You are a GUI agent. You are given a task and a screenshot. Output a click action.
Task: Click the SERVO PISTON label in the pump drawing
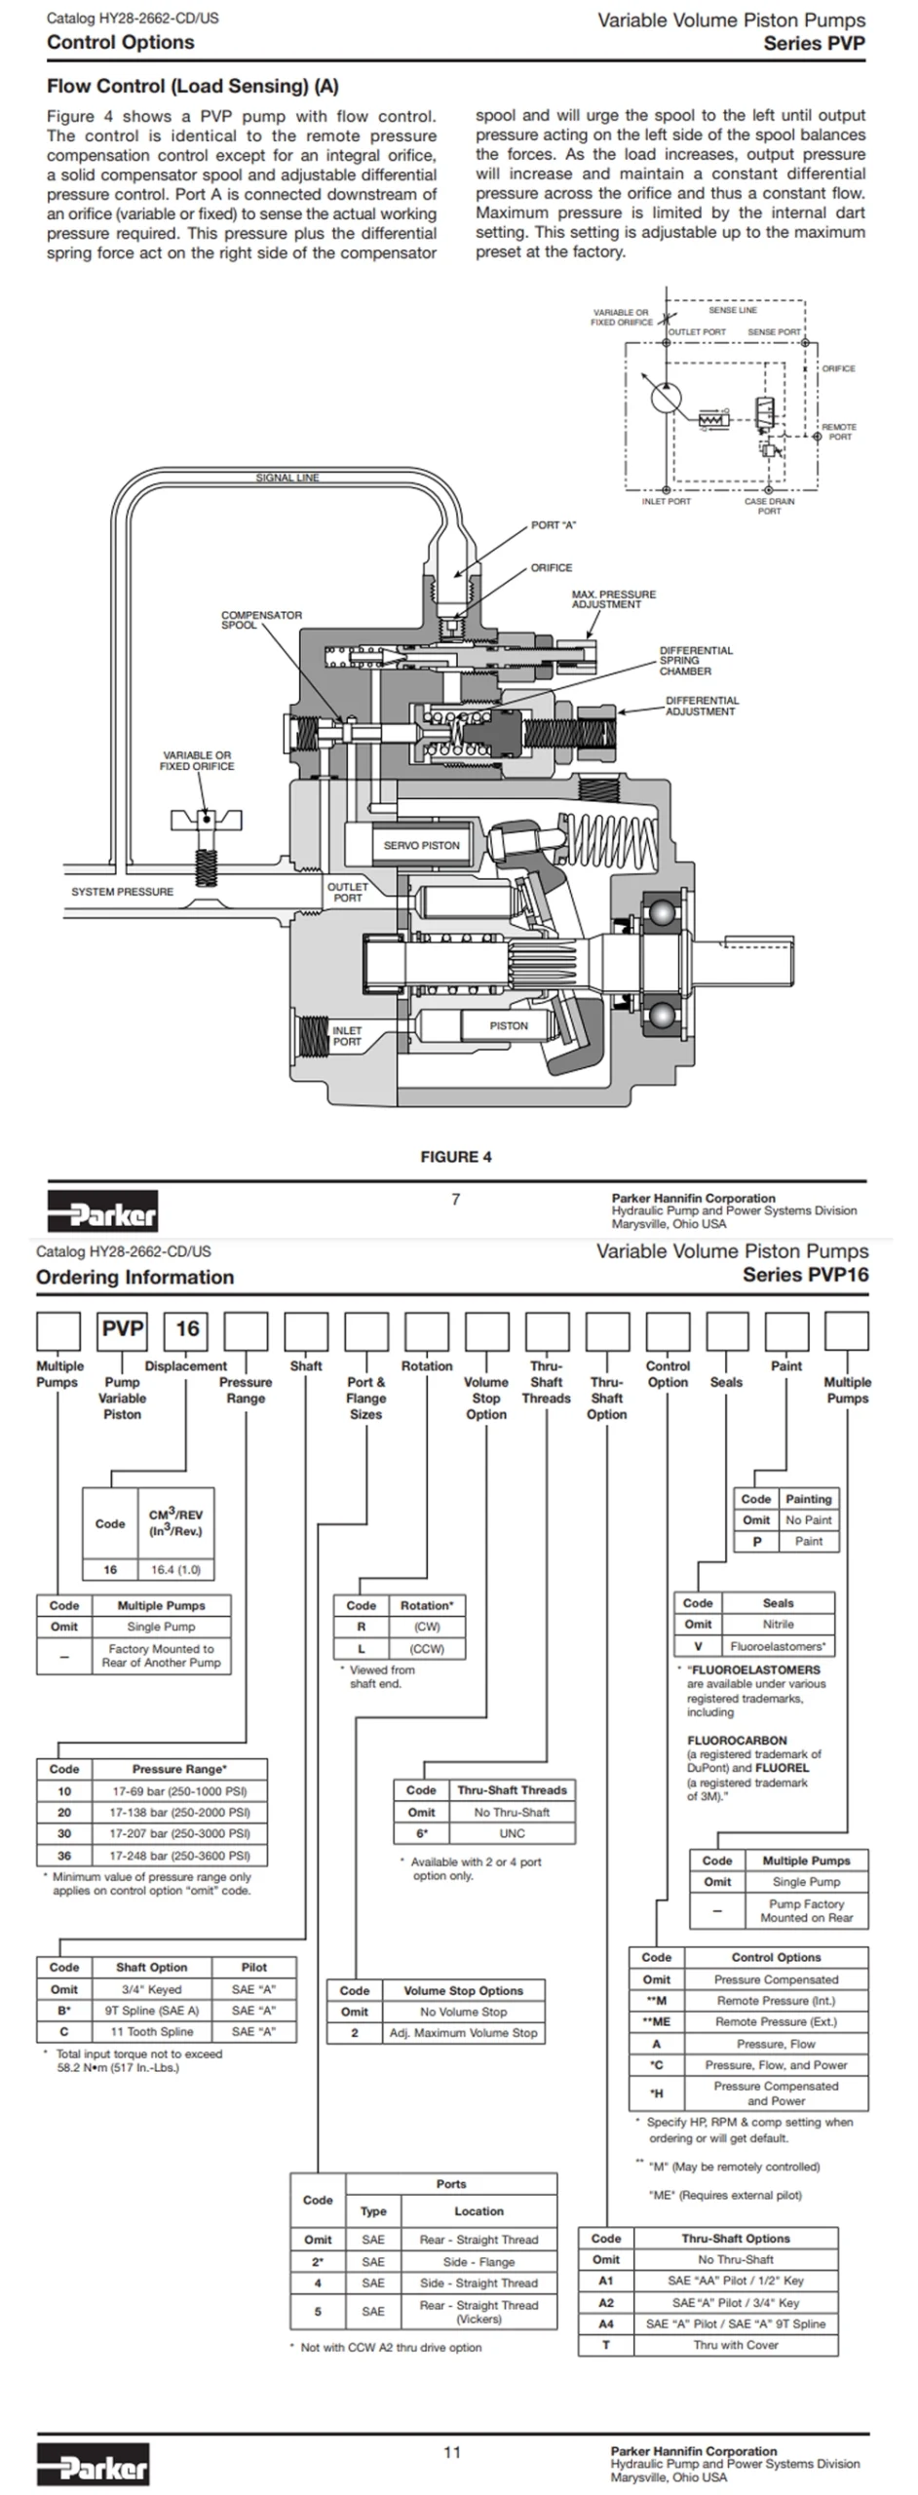(x=421, y=845)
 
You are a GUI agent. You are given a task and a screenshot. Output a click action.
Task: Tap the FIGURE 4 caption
(x=456, y=1157)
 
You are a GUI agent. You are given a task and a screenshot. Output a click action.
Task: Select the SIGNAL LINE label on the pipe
(x=287, y=478)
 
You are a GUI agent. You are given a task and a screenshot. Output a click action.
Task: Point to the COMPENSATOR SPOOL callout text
(x=261, y=620)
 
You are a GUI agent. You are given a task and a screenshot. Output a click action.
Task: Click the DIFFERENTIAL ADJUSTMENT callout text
(x=702, y=706)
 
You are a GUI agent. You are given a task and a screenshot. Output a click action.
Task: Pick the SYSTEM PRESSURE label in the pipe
(x=122, y=892)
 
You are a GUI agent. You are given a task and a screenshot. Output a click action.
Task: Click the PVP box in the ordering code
(x=123, y=1329)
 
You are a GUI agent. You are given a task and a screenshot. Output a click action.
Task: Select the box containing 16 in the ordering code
(x=187, y=1329)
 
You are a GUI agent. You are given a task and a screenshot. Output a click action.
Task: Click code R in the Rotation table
(x=362, y=1626)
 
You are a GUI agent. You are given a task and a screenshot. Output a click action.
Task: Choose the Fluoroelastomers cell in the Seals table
(x=778, y=1646)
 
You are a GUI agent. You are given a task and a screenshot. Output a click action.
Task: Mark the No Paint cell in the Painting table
(x=809, y=1519)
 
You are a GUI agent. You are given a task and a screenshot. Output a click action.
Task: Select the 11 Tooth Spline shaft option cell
(x=151, y=2032)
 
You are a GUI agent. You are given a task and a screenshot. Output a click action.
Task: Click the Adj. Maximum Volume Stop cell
(x=463, y=2033)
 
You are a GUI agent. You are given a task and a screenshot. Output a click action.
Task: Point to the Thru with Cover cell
(x=736, y=2345)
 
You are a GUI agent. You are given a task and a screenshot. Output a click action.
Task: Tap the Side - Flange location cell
(x=478, y=2261)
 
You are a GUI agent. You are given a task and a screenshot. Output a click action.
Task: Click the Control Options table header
(x=776, y=1957)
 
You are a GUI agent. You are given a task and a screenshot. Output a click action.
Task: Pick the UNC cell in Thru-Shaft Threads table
(x=512, y=1833)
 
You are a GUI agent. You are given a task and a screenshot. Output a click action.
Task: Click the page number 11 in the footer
(x=452, y=2452)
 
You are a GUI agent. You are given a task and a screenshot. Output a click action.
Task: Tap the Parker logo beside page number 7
(x=102, y=1211)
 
